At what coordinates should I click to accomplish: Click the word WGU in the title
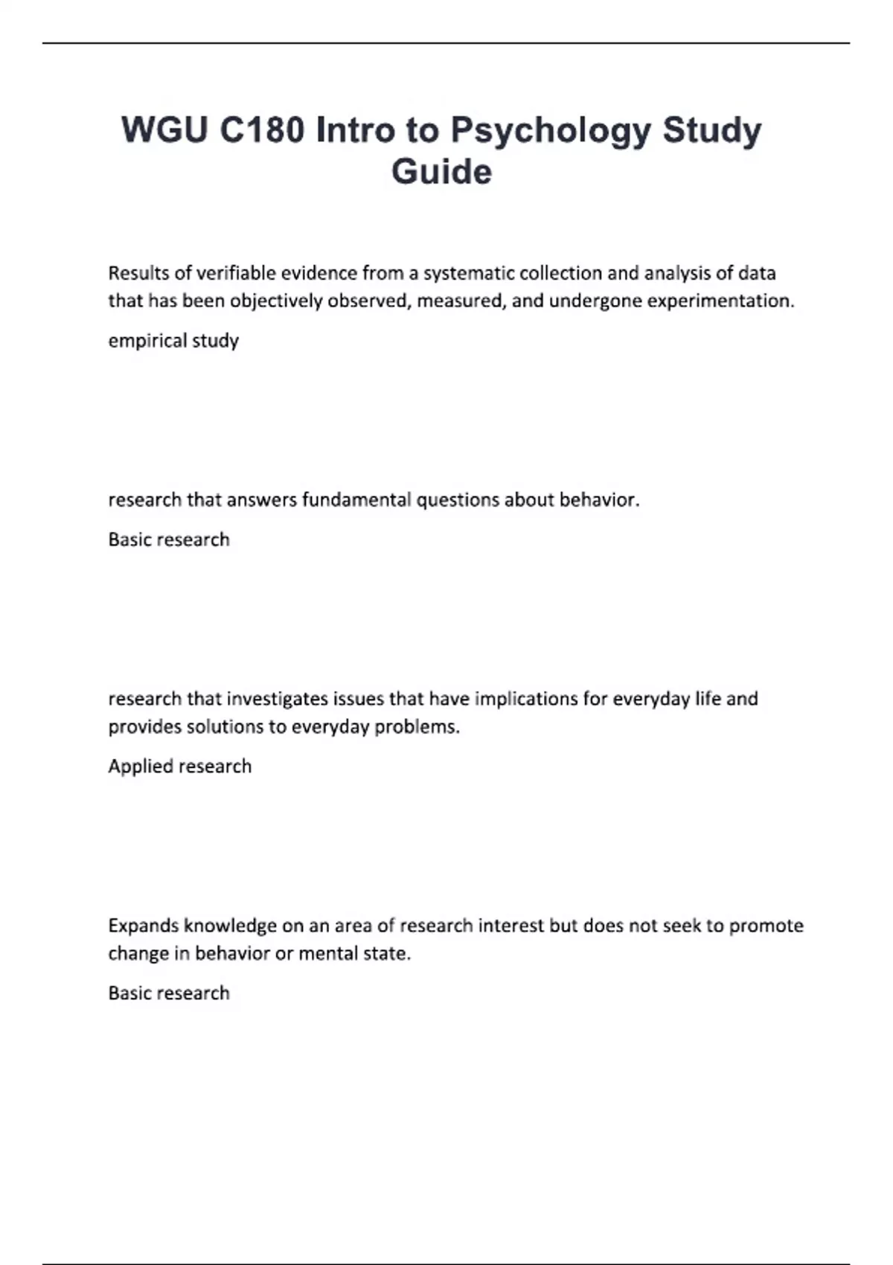tap(164, 130)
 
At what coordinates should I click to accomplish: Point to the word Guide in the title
tap(441, 172)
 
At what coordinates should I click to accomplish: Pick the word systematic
tap(469, 273)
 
